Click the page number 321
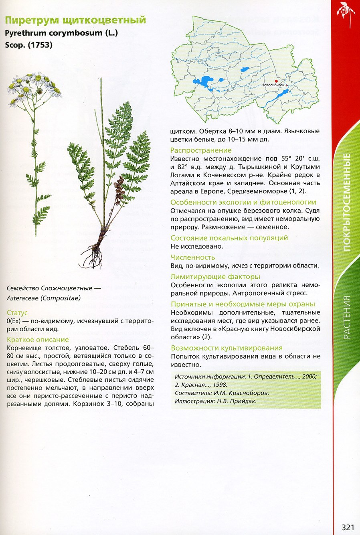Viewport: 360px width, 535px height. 348,527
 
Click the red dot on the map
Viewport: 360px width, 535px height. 276,81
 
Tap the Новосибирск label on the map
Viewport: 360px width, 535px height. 273,85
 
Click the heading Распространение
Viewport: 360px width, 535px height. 201,150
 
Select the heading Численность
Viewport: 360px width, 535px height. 193,257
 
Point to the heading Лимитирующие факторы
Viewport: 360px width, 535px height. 215,277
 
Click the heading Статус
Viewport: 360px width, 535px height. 17,313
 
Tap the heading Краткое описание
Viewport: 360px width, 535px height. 38,340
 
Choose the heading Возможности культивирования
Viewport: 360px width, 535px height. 227,348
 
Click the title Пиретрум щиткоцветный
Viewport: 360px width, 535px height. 75,20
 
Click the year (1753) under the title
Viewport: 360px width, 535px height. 40,45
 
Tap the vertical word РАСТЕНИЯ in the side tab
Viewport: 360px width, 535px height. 347,317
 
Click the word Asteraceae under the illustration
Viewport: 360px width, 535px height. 22,298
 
